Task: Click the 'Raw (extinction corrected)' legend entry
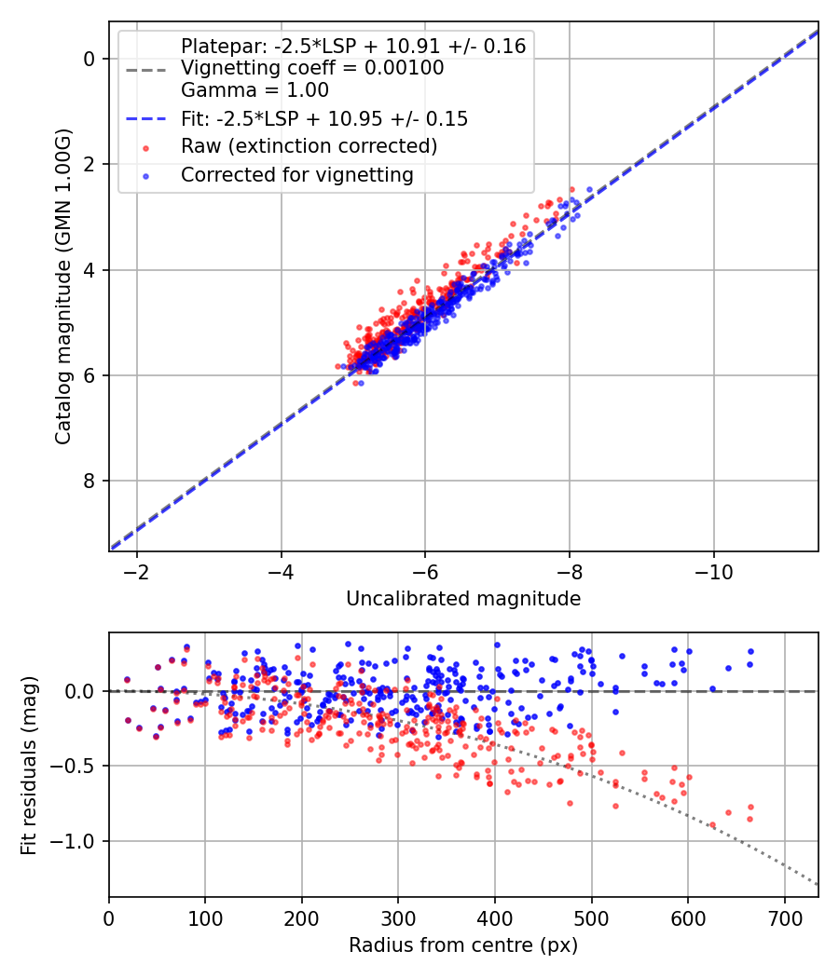(x=309, y=146)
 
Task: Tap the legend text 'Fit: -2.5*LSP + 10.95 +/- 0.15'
(x=323, y=118)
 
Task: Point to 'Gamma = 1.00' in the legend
(x=254, y=90)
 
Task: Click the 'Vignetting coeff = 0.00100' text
(x=312, y=68)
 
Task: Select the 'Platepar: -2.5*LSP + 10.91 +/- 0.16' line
(x=353, y=46)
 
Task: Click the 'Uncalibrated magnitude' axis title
(x=463, y=599)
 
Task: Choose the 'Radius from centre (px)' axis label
(x=463, y=945)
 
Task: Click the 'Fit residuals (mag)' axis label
(x=29, y=766)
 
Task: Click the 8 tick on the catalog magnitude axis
(x=89, y=481)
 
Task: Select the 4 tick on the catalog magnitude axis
(x=89, y=270)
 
